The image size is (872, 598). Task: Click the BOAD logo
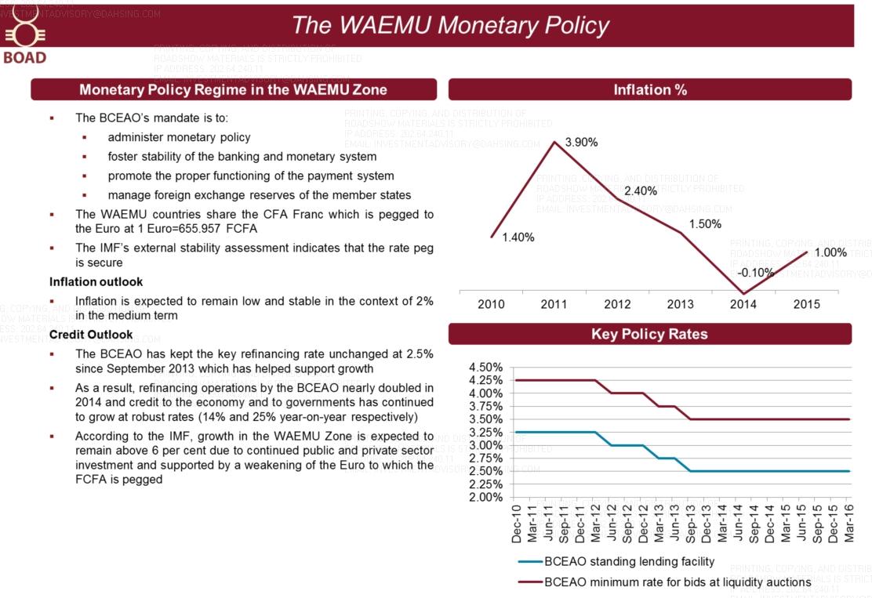click(x=24, y=42)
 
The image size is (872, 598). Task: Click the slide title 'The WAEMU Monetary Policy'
click(x=449, y=25)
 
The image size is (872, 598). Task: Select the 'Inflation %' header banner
click(x=649, y=89)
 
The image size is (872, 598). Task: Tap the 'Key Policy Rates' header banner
click(x=649, y=334)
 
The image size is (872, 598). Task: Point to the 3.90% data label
click(x=581, y=143)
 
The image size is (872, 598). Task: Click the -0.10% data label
click(x=755, y=273)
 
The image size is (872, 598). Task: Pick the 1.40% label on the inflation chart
click(x=518, y=237)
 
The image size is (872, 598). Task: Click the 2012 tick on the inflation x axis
click(x=617, y=305)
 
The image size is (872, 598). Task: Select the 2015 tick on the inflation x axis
click(x=807, y=305)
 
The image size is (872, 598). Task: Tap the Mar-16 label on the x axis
click(x=847, y=523)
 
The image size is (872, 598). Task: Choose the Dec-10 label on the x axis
click(x=517, y=523)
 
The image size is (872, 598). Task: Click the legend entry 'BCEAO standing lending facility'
click(x=629, y=561)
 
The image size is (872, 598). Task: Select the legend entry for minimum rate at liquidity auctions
click(x=678, y=582)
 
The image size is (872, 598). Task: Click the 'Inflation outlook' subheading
click(x=96, y=281)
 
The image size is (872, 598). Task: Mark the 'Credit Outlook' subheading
click(x=91, y=335)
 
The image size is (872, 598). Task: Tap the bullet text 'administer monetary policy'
click(x=179, y=137)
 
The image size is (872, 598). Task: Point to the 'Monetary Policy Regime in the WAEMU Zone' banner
click(x=233, y=89)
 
